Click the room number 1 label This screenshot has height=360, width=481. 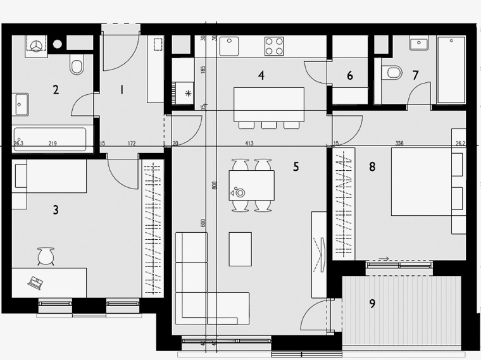(x=122, y=90)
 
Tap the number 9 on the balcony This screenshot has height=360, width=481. (x=372, y=304)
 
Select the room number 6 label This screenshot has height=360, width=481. (x=350, y=76)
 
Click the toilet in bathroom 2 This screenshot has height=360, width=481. (x=77, y=65)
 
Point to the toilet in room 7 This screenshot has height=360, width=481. (x=393, y=72)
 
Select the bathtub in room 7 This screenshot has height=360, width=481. (x=451, y=70)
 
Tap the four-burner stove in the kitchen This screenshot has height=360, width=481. (x=274, y=46)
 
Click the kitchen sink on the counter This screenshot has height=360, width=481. (x=229, y=46)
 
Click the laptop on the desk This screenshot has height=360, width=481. (x=35, y=282)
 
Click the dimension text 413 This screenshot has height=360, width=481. (x=249, y=144)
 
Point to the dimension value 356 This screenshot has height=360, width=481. (x=399, y=144)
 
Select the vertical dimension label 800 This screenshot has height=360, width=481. (x=214, y=185)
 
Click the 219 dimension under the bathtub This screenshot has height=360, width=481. (x=53, y=144)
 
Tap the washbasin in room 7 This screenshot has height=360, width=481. (x=418, y=44)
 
